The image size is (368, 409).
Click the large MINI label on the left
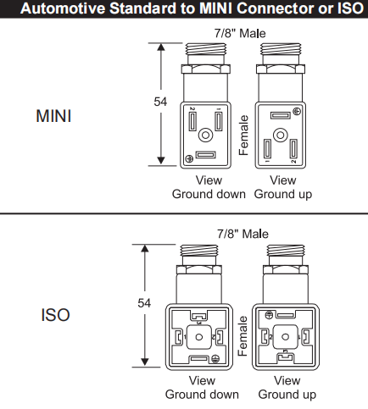(x=53, y=116)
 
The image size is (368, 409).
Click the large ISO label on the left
(x=55, y=315)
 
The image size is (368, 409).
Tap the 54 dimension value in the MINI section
(x=160, y=102)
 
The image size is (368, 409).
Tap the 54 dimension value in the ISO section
(x=144, y=303)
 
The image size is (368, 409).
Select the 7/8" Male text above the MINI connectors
(x=240, y=33)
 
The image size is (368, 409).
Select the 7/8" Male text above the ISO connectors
(x=243, y=234)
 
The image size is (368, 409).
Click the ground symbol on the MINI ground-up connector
(x=297, y=112)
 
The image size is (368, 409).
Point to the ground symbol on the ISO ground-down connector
(x=215, y=358)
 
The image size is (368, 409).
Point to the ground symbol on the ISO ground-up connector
(x=269, y=315)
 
